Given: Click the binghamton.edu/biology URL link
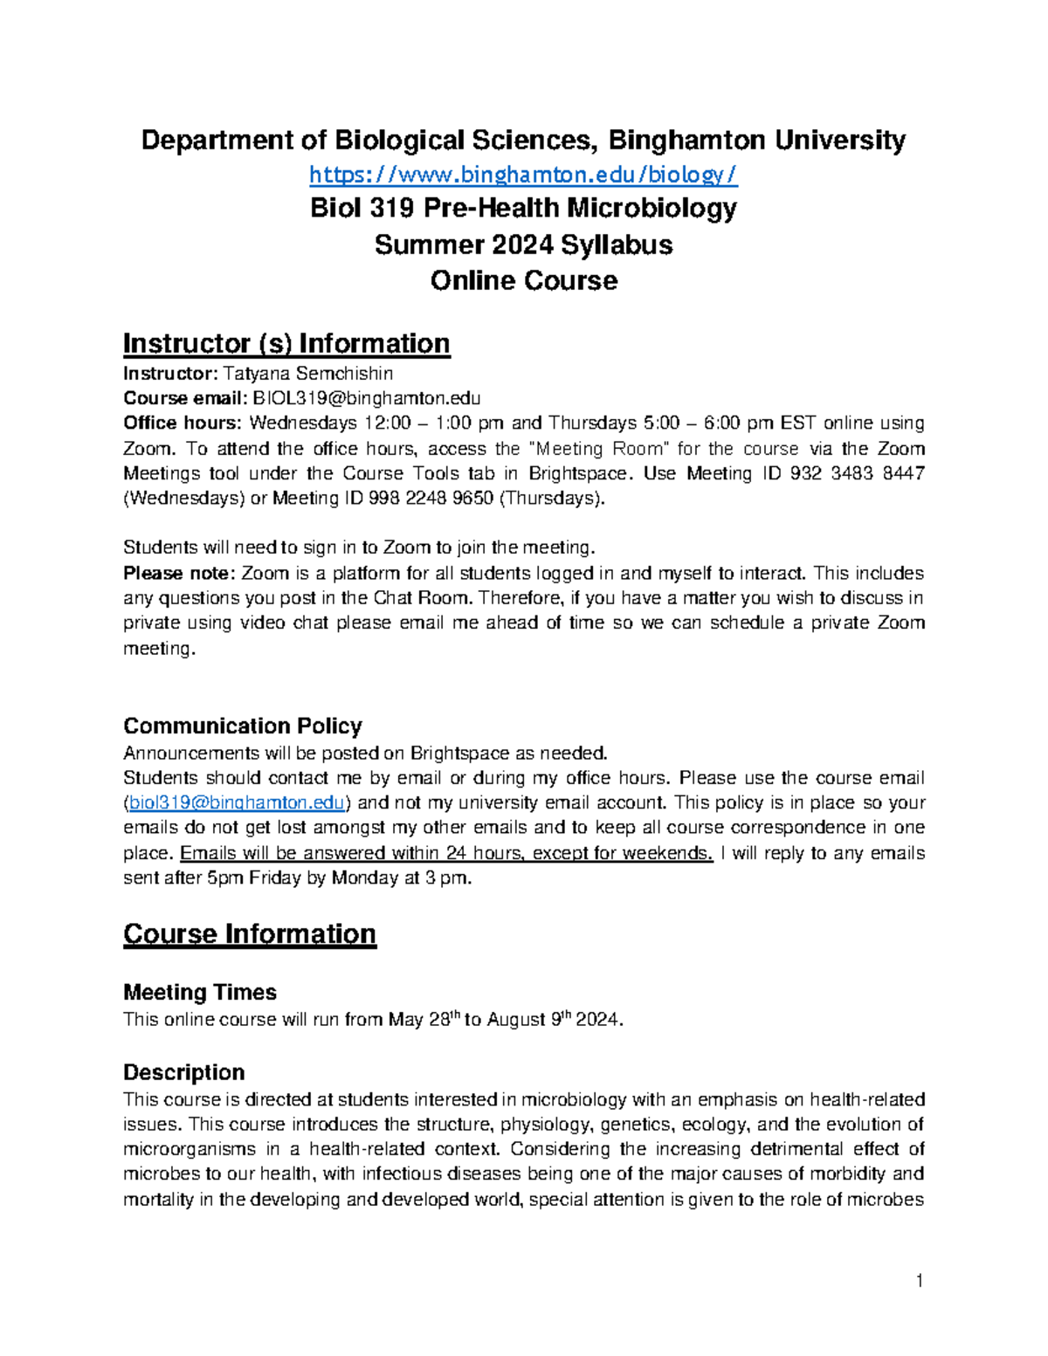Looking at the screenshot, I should pyautogui.click(x=523, y=176).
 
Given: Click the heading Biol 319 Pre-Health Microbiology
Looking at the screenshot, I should pyautogui.click(x=523, y=209).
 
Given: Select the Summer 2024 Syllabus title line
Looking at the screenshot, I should pyautogui.click(x=523, y=245).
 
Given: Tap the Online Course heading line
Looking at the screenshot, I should pyautogui.click(x=523, y=281).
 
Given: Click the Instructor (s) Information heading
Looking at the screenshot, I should pyautogui.click(x=286, y=344).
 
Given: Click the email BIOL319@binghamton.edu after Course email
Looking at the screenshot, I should pyautogui.click(x=366, y=399).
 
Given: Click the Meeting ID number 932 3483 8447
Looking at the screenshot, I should pyautogui.click(x=857, y=473).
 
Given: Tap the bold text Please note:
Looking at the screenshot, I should pyautogui.click(x=179, y=574).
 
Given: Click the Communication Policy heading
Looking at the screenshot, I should pyautogui.click(x=242, y=726).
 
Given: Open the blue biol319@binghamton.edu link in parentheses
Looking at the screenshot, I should pyautogui.click(x=237, y=802).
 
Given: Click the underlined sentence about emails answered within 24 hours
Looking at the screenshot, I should pyautogui.click(x=446, y=853).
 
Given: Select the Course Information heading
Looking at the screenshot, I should pyautogui.click(x=250, y=934).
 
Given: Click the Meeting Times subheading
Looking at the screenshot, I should pyautogui.click(x=200, y=993).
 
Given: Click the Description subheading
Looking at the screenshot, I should pyautogui.click(x=183, y=1072).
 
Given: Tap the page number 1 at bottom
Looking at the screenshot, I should pyautogui.click(x=919, y=1282).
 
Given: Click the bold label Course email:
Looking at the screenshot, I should pyautogui.click(x=185, y=399).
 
